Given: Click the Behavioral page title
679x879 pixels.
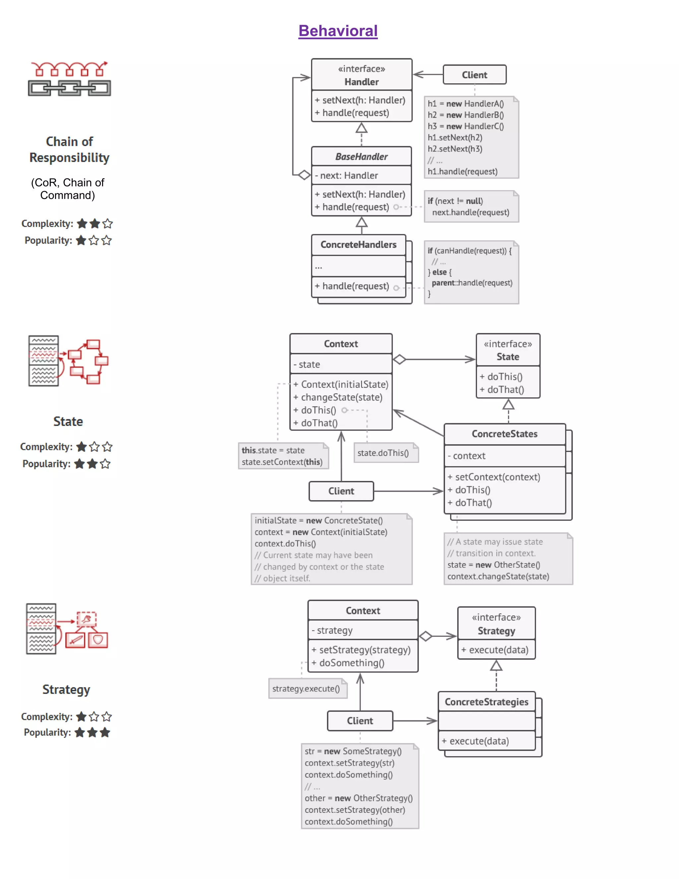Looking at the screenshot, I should click(338, 31).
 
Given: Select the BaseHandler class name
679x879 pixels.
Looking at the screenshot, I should click(361, 157).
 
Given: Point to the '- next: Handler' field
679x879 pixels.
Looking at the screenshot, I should click(349, 175).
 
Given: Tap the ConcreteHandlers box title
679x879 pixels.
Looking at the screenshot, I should click(358, 245).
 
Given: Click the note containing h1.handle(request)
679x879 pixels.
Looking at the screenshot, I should click(471, 137).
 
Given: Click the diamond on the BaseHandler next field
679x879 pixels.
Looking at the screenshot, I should click(304, 175).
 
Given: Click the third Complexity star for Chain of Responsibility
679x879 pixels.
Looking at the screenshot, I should click(107, 224).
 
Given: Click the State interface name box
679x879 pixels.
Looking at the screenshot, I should click(508, 350).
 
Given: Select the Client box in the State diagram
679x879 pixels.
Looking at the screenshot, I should click(341, 491).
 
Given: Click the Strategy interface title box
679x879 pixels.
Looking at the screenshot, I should click(496, 624).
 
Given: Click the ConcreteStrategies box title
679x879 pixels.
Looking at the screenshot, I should click(486, 702).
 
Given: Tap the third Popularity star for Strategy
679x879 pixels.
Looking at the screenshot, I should click(105, 732).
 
